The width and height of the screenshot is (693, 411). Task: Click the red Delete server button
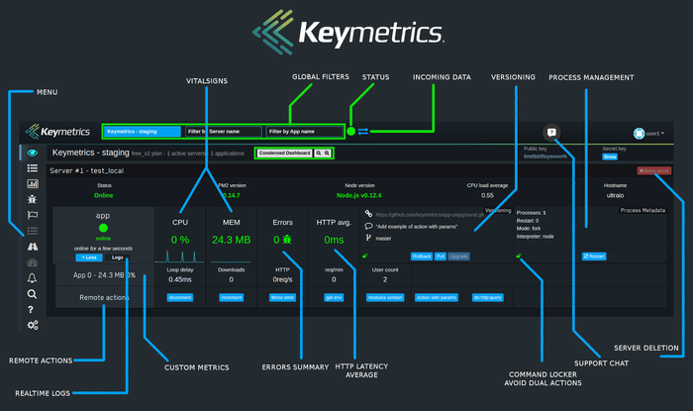tap(654, 171)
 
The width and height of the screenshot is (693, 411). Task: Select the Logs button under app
tap(117, 257)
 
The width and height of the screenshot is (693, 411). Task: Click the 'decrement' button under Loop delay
tap(179, 297)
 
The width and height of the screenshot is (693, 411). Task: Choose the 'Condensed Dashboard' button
tap(284, 154)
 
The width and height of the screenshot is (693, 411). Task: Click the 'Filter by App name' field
tap(304, 131)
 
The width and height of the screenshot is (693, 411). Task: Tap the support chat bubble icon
tap(551, 133)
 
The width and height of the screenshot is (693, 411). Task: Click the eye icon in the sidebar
tap(33, 153)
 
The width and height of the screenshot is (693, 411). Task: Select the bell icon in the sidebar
tap(33, 278)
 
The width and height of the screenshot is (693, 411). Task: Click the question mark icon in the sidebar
tap(33, 309)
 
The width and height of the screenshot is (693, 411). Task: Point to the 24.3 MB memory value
tap(231, 239)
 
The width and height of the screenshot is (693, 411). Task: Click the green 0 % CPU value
tap(179, 239)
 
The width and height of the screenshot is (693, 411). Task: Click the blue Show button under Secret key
tap(610, 156)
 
